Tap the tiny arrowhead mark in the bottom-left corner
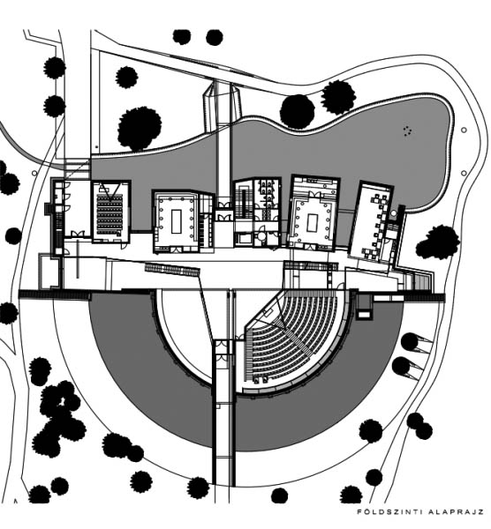pos(16,501)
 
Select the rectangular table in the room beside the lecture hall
pos(177,221)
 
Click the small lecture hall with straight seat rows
pos(110,212)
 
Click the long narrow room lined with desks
pos(372,222)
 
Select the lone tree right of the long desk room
pos(438,243)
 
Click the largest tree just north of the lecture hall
pos(139,129)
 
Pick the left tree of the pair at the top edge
pos(182,37)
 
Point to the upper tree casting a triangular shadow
pos(410,341)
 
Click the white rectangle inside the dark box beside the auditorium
pos(364,315)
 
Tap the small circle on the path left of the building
pos(34,173)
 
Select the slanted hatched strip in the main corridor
pos(172,269)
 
